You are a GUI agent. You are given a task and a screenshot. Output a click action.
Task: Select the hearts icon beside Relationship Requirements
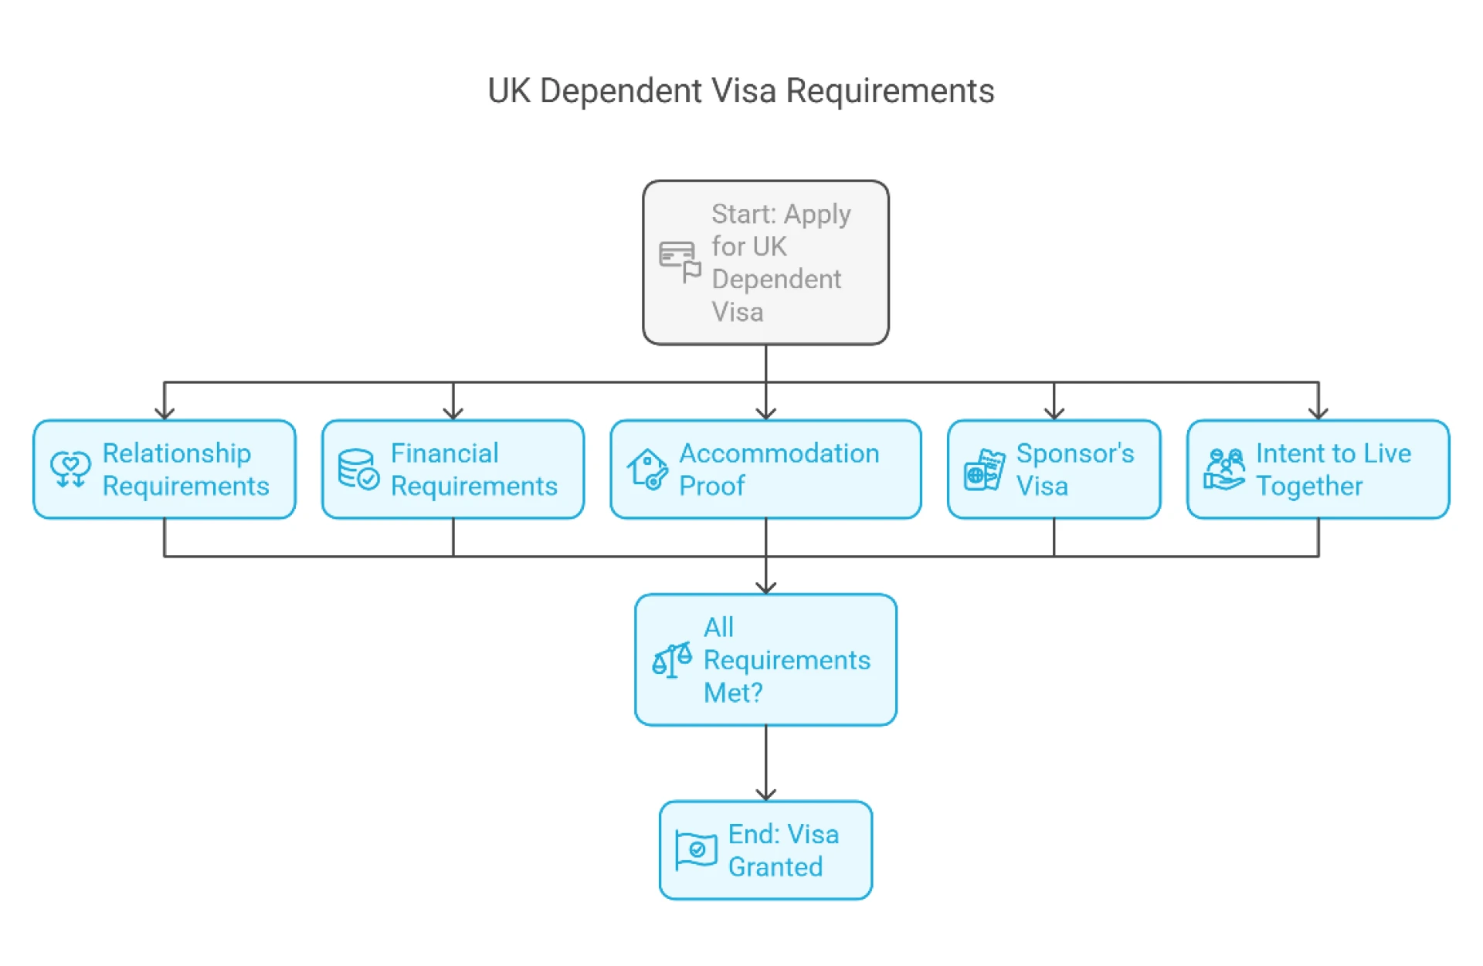(70, 469)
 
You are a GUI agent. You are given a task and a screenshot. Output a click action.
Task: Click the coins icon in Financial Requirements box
(358, 469)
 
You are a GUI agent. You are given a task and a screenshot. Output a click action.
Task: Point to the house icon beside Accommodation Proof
(647, 469)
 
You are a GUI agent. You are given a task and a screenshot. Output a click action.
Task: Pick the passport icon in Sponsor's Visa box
(984, 470)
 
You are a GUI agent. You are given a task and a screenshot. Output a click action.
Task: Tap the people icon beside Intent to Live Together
(1224, 469)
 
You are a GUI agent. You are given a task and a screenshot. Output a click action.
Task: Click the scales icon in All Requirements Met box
(671, 660)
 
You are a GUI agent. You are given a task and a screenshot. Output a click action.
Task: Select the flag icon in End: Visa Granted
(695, 850)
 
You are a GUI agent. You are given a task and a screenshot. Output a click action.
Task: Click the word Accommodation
(779, 453)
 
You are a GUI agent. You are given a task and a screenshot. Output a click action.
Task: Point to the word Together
(1308, 486)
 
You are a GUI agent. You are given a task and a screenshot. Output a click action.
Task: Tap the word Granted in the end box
(775, 867)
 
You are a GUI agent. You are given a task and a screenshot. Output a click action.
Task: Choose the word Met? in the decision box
(732, 693)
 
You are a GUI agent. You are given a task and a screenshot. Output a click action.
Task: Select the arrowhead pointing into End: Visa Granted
(765, 794)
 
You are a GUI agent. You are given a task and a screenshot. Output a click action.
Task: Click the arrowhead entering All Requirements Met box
(765, 587)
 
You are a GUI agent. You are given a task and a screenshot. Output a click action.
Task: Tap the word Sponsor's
(1074, 453)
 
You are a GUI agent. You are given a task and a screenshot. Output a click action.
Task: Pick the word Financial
(444, 453)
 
